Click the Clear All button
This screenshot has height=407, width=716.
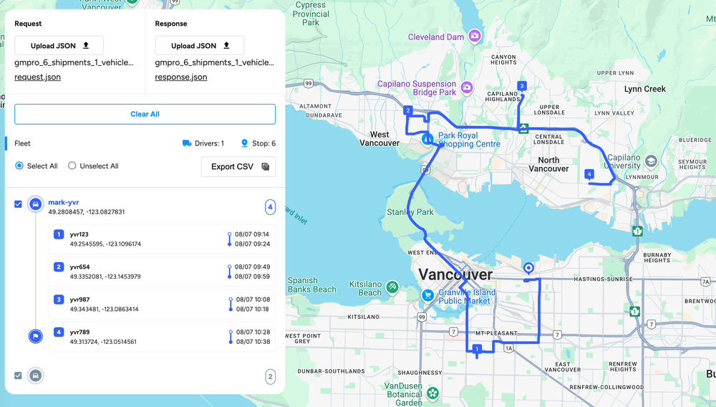coord(145,114)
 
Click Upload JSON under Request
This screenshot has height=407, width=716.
coord(59,46)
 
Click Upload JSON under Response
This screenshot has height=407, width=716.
coord(200,46)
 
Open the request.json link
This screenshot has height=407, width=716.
coord(37,77)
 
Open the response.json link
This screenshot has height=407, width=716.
coord(181,77)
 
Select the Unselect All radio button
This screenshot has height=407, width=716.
coord(72,166)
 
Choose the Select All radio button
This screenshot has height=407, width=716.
coord(19,166)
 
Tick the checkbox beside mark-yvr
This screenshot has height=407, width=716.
coord(19,204)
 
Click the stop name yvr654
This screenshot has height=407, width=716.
coord(80,267)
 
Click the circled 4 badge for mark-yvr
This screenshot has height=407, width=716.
coord(270,207)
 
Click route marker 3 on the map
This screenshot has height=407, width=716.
coord(522,87)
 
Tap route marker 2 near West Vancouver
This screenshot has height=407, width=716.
coord(407,110)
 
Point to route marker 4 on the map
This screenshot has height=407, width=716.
coord(589,174)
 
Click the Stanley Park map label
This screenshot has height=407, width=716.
coord(411,212)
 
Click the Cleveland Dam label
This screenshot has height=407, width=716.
coord(436,37)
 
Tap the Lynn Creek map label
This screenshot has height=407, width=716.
coord(644,90)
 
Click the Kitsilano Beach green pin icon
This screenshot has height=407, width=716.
coord(392,287)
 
